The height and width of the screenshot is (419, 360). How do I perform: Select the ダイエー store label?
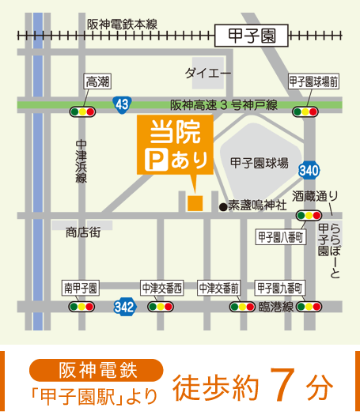[208, 74]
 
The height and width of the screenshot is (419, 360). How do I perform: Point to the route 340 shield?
[309, 170]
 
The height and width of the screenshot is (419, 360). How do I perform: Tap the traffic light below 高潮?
[82, 111]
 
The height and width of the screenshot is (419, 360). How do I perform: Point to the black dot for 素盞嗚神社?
[223, 207]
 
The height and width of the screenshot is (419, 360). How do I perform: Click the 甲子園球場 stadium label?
[259, 163]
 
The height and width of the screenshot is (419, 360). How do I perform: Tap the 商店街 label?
[85, 232]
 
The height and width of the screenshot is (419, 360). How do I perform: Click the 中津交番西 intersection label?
[161, 287]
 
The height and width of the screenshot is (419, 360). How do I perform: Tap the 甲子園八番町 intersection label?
[281, 237]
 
